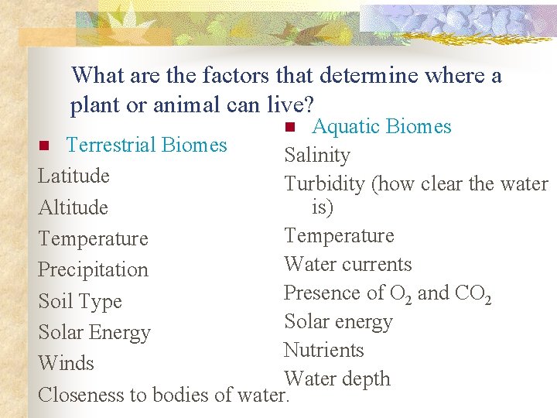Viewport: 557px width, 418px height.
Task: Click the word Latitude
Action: click(x=73, y=176)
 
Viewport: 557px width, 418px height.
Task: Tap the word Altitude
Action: click(x=73, y=208)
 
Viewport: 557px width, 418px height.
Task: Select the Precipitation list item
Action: click(x=93, y=270)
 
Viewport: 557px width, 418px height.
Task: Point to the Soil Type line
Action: click(x=80, y=301)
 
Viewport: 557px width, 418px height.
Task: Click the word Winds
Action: click(x=66, y=363)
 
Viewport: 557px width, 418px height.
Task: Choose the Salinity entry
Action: click(x=317, y=156)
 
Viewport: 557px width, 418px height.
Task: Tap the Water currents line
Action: click(x=348, y=265)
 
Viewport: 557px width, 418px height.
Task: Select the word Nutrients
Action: click(x=323, y=351)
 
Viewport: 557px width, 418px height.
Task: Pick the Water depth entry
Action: click(x=337, y=379)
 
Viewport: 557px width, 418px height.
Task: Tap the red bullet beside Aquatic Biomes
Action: click(x=289, y=127)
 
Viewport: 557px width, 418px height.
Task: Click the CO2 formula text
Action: click(x=473, y=294)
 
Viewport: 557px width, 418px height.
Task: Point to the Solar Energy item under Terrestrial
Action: click(x=94, y=332)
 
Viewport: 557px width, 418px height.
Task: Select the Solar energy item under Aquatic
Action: click(x=338, y=322)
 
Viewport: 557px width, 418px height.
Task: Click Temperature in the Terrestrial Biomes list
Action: click(x=93, y=239)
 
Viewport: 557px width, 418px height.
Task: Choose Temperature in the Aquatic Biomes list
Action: click(x=339, y=236)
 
